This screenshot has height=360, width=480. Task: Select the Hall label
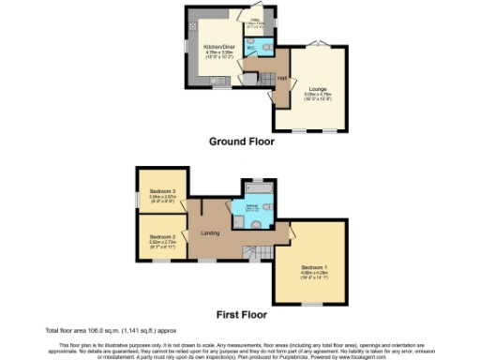[281, 79]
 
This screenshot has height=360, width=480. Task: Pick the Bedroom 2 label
[163, 236]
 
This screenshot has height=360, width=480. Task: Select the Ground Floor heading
[242, 142]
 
